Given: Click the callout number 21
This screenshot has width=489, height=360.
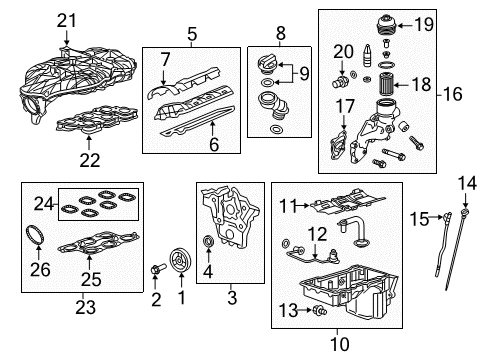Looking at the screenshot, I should point(66,19).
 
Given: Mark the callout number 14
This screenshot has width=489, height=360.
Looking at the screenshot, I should point(462,182).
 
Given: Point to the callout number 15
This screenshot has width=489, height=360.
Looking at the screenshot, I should point(422,215).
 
